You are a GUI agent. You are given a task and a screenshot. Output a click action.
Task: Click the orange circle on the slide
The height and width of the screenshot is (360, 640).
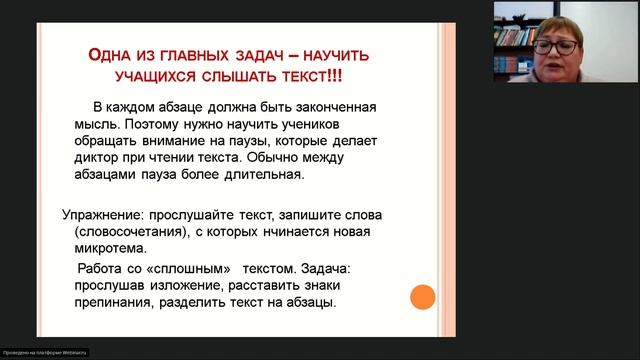point(423,297)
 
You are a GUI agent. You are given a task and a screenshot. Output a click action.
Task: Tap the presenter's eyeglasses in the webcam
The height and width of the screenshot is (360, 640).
point(556,46)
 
